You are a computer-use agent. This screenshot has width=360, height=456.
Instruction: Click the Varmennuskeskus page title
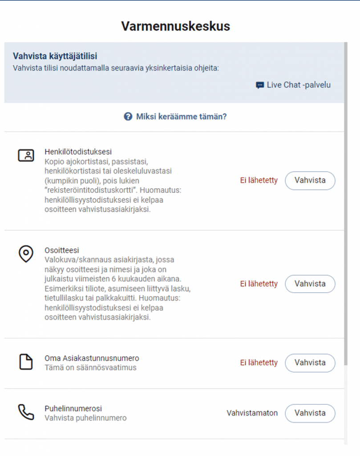click(175, 26)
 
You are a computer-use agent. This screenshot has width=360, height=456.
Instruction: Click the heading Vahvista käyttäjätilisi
click(55, 57)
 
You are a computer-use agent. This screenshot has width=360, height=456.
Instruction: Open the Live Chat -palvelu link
click(299, 85)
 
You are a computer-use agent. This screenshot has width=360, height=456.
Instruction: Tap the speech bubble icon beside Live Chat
click(260, 85)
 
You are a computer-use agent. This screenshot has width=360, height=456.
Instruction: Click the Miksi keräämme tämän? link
click(181, 117)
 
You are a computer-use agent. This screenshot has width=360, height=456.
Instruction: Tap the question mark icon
click(128, 117)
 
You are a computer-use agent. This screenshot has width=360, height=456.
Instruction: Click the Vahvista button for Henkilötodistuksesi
click(310, 180)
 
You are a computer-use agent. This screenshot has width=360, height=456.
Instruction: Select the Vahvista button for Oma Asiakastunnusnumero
click(310, 362)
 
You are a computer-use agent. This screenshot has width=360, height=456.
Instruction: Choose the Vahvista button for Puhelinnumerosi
click(310, 413)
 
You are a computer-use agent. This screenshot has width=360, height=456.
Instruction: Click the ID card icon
click(26, 155)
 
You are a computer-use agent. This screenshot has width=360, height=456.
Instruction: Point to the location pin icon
click(26, 254)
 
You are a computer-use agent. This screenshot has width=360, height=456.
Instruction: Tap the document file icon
click(26, 362)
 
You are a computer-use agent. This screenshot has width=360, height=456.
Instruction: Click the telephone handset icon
click(26, 412)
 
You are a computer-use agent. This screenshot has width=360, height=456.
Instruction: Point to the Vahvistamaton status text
click(252, 413)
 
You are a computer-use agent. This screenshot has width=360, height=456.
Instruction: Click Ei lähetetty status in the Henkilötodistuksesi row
click(259, 180)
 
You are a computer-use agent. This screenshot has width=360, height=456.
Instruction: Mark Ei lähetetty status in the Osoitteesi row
click(259, 284)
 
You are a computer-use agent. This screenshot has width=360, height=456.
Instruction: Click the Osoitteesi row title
click(61, 250)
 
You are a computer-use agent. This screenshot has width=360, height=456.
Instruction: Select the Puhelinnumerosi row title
click(73, 408)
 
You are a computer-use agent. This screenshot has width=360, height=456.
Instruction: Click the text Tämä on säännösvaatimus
click(90, 368)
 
